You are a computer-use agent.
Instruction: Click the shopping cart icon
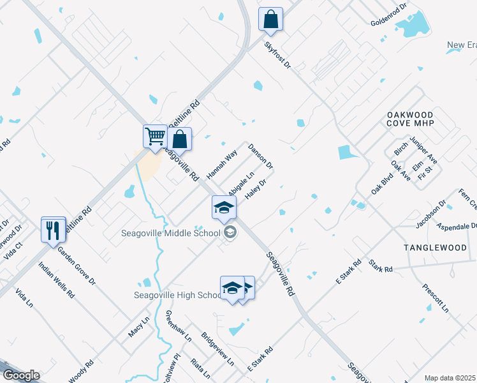tap(155, 137)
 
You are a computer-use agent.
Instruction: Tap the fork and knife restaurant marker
tap(53, 229)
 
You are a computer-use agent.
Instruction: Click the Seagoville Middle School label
tap(170, 232)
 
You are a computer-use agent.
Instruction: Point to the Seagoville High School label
tap(177, 295)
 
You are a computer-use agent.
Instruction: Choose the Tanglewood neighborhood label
tap(435, 247)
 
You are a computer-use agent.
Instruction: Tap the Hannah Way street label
tap(221, 163)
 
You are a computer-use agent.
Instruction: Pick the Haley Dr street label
tap(254, 189)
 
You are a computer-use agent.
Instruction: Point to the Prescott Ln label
tap(436, 297)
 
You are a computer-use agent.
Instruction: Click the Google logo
tap(21, 375)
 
